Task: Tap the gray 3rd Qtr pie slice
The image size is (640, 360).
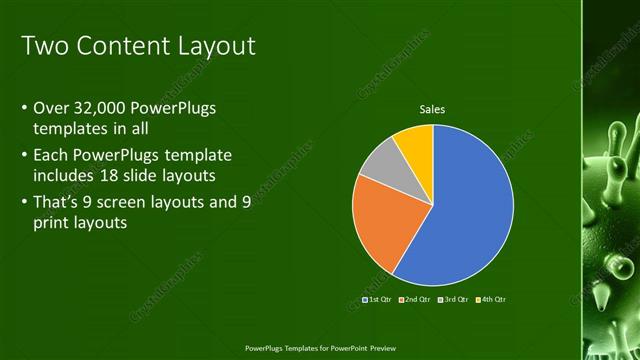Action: click(x=378, y=163)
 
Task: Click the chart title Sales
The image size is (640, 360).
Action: click(x=432, y=110)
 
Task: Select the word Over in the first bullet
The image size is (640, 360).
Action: click(x=49, y=107)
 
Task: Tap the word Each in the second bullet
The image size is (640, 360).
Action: click(x=50, y=156)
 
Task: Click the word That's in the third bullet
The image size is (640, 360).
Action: click(x=59, y=203)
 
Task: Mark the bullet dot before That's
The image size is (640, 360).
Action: click(x=24, y=204)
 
